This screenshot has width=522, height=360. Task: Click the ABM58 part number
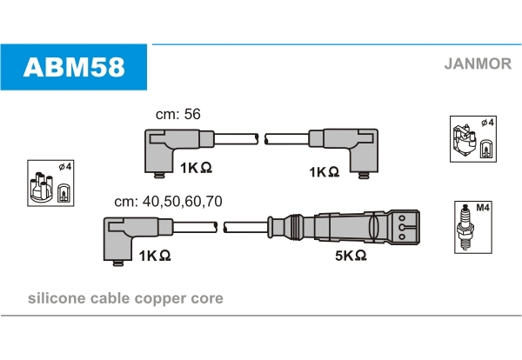[x=74, y=67]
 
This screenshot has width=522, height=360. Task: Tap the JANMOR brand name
[x=478, y=63]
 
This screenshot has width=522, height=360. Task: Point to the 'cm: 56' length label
[x=178, y=114]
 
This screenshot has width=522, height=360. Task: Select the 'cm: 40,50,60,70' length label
[x=168, y=202]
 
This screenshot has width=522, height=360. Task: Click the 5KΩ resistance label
[x=351, y=256]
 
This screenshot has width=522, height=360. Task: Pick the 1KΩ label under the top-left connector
[x=196, y=168]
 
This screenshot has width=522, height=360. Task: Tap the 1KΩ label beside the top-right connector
[x=325, y=172]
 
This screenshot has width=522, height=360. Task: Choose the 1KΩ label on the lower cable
[x=155, y=256]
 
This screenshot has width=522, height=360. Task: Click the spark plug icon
[x=465, y=228]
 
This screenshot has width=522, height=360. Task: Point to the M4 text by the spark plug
[x=483, y=208]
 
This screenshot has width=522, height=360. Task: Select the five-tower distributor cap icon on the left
[x=41, y=187]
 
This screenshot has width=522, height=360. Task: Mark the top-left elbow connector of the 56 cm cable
[x=180, y=151]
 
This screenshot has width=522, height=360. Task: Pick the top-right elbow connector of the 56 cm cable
[x=344, y=152]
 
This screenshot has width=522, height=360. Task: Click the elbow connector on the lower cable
[x=138, y=240]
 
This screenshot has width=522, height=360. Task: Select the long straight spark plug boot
[x=344, y=227]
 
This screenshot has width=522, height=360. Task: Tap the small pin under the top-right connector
[x=364, y=176]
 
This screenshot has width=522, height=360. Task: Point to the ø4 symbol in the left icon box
[x=65, y=166]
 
